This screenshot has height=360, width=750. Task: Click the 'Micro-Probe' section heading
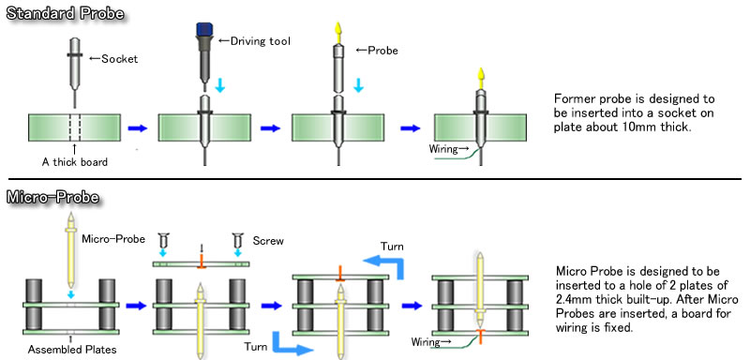click(x=53, y=198)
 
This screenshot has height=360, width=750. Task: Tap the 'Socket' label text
click(x=119, y=59)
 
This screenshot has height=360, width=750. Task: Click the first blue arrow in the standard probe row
click(x=139, y=127)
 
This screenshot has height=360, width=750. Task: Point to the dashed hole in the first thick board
click(x=73, y=127)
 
